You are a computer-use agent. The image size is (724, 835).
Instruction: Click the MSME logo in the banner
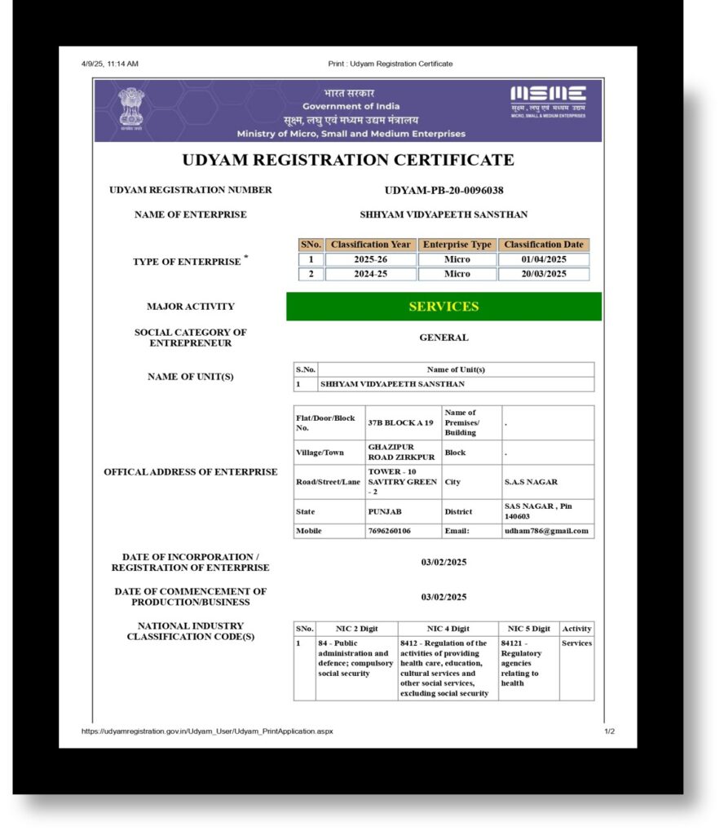[x=548, y=102]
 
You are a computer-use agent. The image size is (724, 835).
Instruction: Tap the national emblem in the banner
[x=130, y=108]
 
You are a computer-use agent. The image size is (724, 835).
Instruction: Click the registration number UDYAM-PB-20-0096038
[x=444, y=191]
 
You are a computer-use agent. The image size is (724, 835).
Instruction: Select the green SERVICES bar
[x=444, y=307]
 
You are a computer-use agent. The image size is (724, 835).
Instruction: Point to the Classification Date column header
[x=544, y=245]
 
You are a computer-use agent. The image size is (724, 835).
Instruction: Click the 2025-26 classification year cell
[x=370, y=259]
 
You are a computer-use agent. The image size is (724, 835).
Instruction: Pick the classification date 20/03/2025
[x=544, y=274]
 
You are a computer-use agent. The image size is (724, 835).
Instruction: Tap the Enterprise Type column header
[x=457, y=245]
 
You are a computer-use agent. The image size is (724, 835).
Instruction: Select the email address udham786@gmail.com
[x=546, y=531]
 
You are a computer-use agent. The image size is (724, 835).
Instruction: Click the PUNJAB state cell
[x=384, y=511]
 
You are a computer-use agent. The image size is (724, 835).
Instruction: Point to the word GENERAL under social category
[x=444, y=338]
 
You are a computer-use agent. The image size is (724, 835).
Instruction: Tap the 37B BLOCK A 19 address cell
[x=401, y=423]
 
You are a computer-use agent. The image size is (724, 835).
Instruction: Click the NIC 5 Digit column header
[x=528, y=629]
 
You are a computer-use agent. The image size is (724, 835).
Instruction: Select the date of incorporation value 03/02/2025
[x=444, y=562]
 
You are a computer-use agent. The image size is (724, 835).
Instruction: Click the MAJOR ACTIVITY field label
[x=190, y=307]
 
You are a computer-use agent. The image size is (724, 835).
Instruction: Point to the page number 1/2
[x=609, y=731]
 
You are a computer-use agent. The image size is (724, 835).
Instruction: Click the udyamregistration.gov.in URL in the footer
[x=207, y=731]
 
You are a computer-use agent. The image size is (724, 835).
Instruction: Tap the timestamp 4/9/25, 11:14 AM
[x=110, y=64]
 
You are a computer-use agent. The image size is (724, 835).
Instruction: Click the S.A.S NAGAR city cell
[x=531, y=482]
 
